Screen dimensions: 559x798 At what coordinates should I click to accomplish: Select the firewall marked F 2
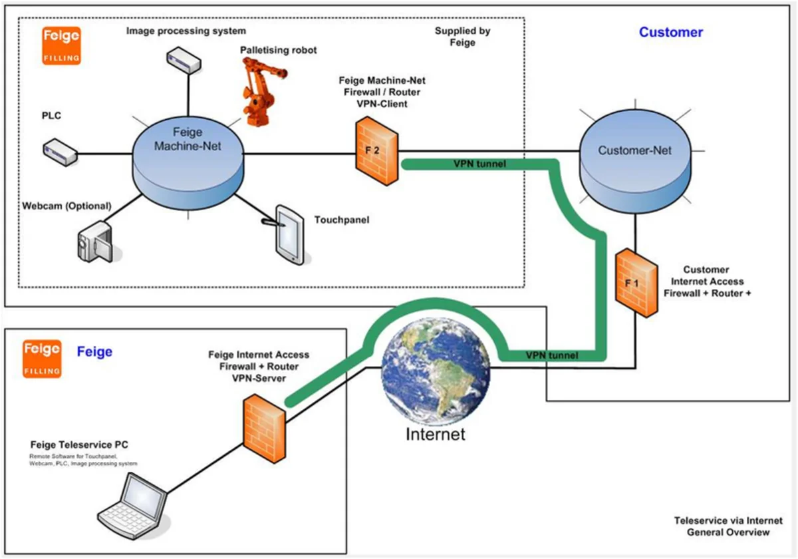tap(376, 152)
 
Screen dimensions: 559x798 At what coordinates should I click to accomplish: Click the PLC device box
tap(59, 151)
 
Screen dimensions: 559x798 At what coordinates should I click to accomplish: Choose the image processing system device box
tap(184, 61)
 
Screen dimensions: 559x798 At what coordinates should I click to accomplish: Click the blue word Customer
tap(670, 32)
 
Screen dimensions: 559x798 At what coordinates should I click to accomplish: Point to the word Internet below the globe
tap(436, 435)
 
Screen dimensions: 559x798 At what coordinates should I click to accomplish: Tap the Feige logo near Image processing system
tap(61, 45)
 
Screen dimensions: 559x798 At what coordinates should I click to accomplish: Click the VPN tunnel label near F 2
tap(478, 163)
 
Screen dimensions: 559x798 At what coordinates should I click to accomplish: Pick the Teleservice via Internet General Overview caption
tap(728, 526)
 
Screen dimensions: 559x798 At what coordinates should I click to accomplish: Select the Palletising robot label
tap(279, 50)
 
